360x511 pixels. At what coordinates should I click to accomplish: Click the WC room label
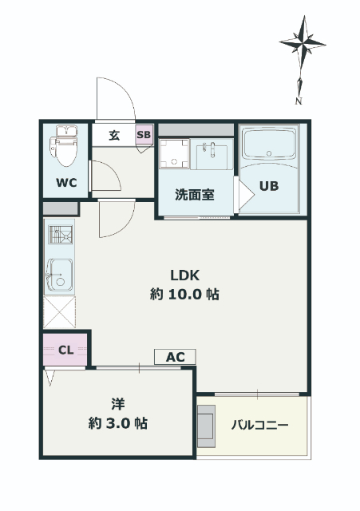[66, 183]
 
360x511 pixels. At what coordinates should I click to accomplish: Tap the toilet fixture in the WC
[64, 145]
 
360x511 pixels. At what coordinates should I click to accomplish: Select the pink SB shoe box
[144, 134]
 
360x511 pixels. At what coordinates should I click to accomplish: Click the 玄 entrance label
[114, 135]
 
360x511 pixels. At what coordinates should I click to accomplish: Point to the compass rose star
[303, 43]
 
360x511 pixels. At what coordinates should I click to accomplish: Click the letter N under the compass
[298, 101]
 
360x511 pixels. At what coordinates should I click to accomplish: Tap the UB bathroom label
[269, 186]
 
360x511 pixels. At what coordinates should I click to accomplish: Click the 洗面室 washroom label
[195, 195]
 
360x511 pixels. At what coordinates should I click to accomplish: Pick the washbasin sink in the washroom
[211, 153]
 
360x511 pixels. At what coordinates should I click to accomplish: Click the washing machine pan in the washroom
[174, 153]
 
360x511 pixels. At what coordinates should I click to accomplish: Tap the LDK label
[184, 275]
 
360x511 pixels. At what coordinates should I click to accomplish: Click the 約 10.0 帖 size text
[184, 295]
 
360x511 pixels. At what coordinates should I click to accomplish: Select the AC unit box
[175, 357]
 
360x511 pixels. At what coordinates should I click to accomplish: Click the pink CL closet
[65, 350]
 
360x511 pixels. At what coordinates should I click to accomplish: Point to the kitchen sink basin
[60, 275]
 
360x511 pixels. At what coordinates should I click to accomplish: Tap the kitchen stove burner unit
[61, 234]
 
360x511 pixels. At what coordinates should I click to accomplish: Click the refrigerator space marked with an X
[60, 312]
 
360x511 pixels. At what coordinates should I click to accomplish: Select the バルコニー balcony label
[260, 426]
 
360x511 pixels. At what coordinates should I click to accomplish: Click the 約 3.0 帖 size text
[118, 423]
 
